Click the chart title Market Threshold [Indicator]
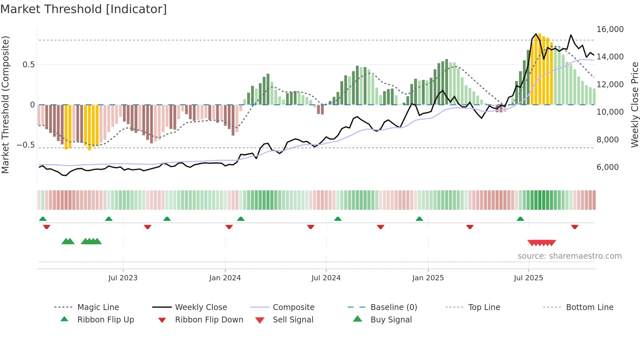[x=84, y=9]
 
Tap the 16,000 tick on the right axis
[x=610, y=29]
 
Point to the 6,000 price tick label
[x=607, y=167]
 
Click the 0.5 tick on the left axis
[x=28, y=65]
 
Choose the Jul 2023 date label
[x=123, y=278]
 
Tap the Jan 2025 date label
[x=428, y=278]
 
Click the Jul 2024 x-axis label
[x=326, y=278]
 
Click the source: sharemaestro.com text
[x=569, y=256]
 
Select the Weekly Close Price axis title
[x=634, y=105]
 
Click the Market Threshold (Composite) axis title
[x=5, y=105]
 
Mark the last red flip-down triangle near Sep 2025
[x=575, y=227]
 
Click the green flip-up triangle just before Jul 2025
[x=520, y=219]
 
